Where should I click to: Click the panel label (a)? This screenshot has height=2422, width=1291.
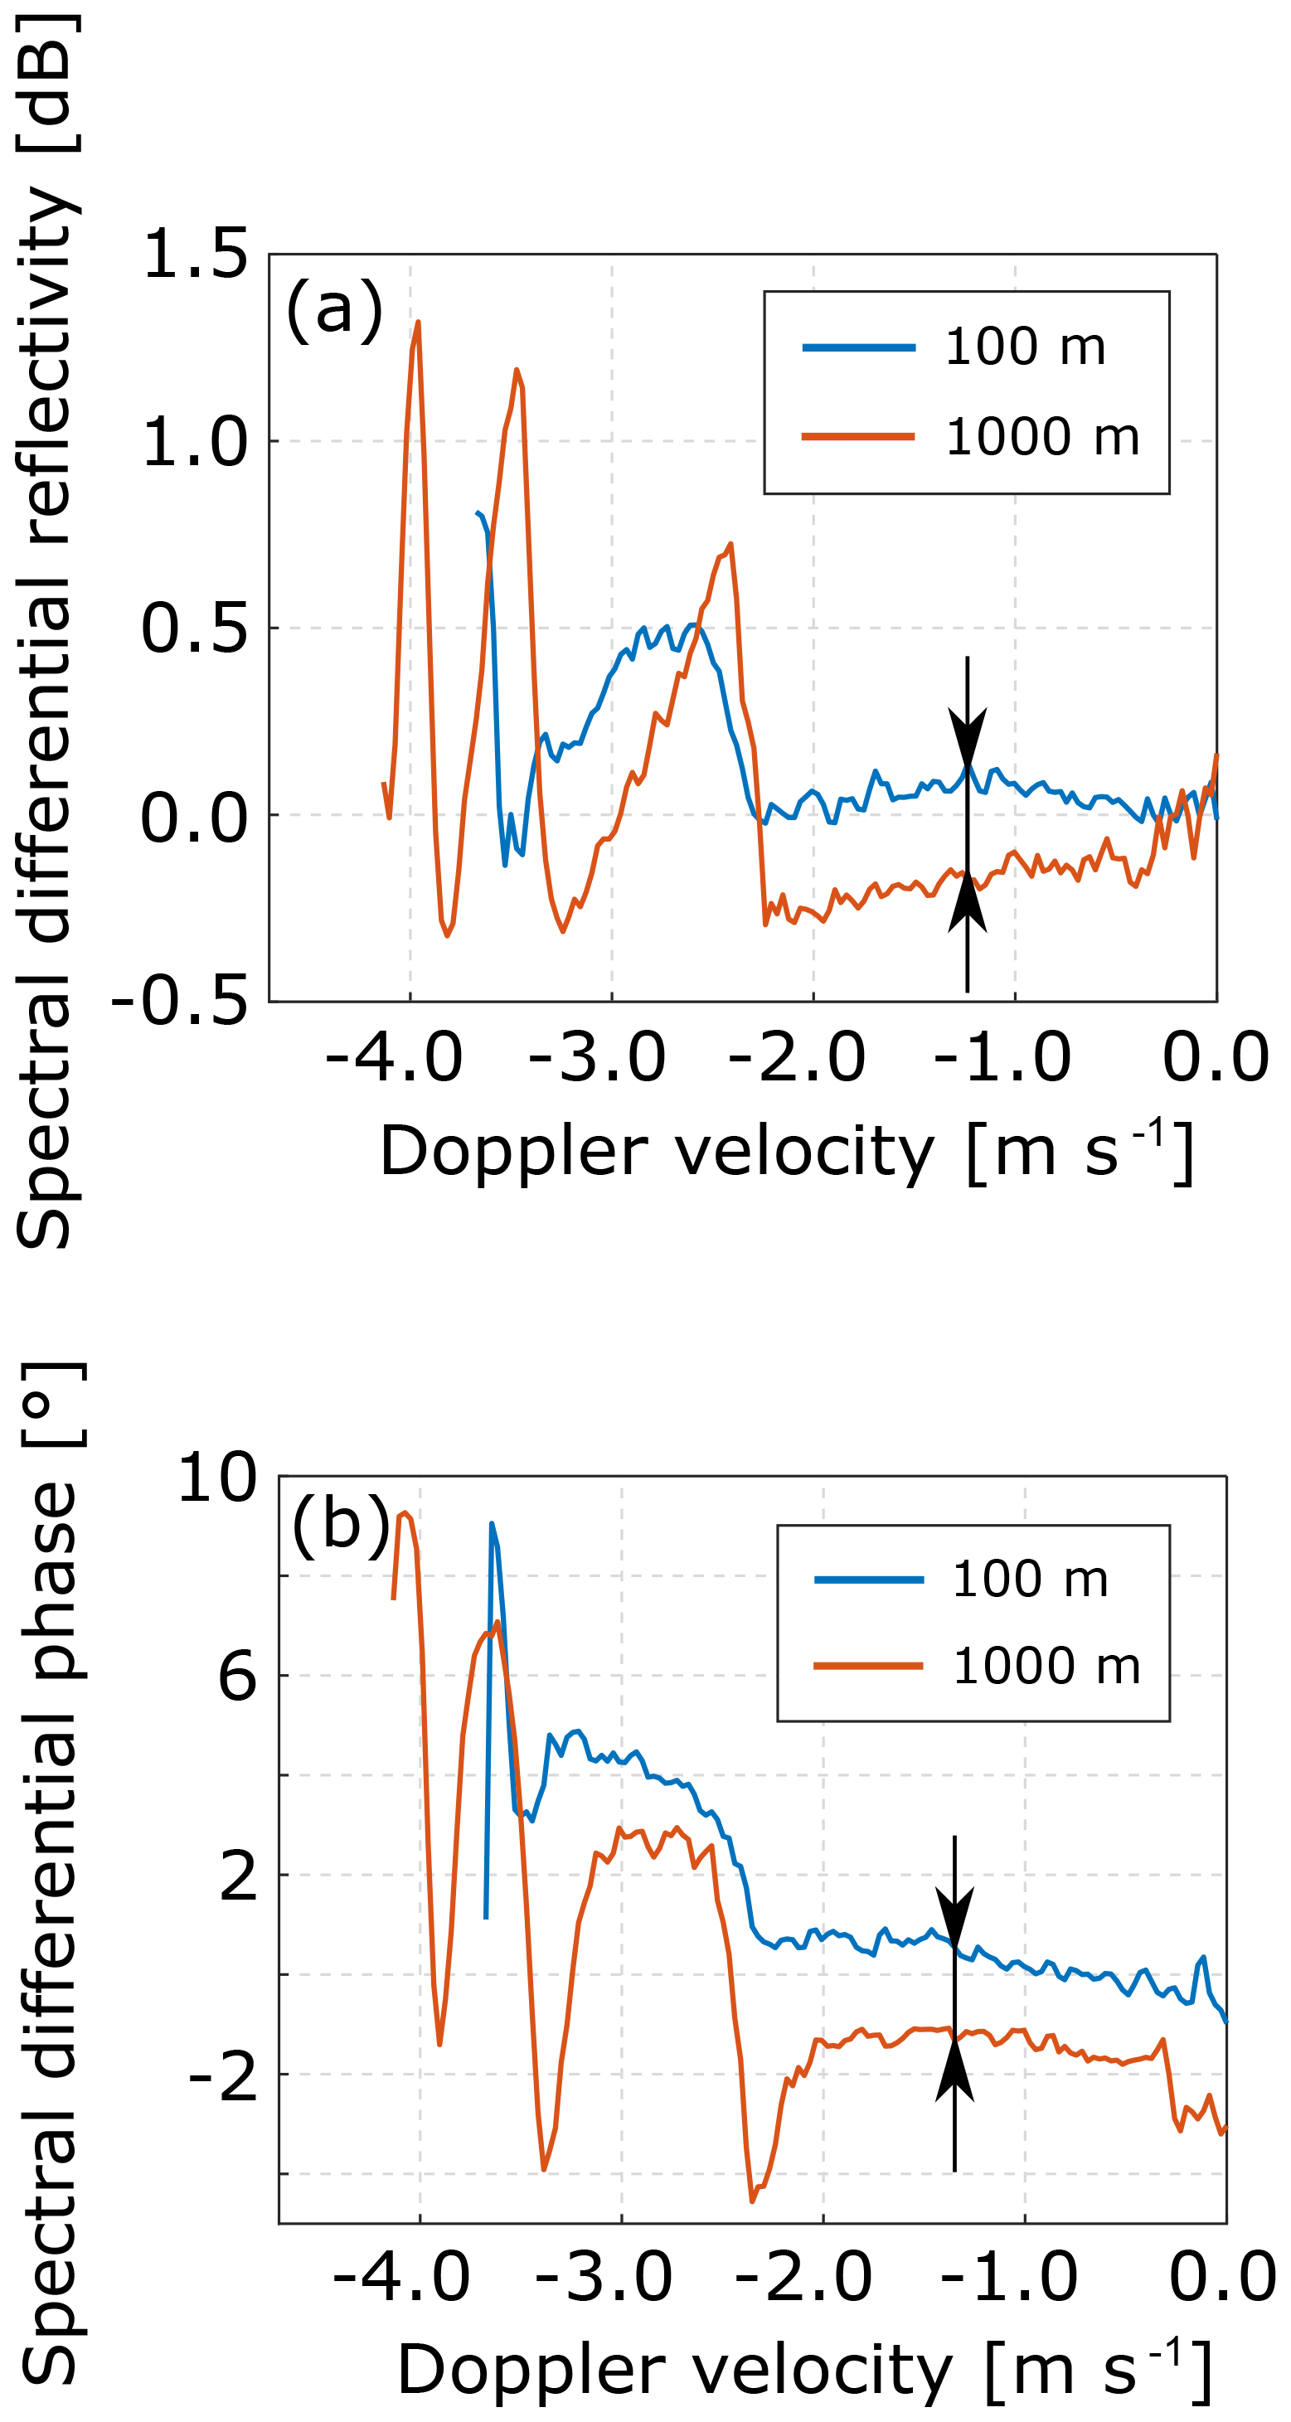(x=334, y=309)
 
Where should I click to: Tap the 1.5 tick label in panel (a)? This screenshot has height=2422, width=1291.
(x=195, y=254)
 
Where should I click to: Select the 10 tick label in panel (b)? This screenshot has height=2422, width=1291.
(x=216, y=1477)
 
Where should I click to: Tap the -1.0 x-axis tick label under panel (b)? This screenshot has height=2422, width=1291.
(x=1009, y=2277)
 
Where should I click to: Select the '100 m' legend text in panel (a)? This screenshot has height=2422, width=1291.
(x=1025, y=347)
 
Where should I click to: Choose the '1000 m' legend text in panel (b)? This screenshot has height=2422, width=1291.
(x=1046, y=1666)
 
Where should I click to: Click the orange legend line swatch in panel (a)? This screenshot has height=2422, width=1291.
(x=857, y=436)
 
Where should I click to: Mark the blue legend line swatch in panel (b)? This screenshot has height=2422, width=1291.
(x=869, y=1580)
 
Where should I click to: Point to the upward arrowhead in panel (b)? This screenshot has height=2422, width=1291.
(x=954, y=2068)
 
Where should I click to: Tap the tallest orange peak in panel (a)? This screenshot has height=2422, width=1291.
(x=418, y=323)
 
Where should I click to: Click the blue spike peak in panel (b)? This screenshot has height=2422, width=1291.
(x=491, y=1524)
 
